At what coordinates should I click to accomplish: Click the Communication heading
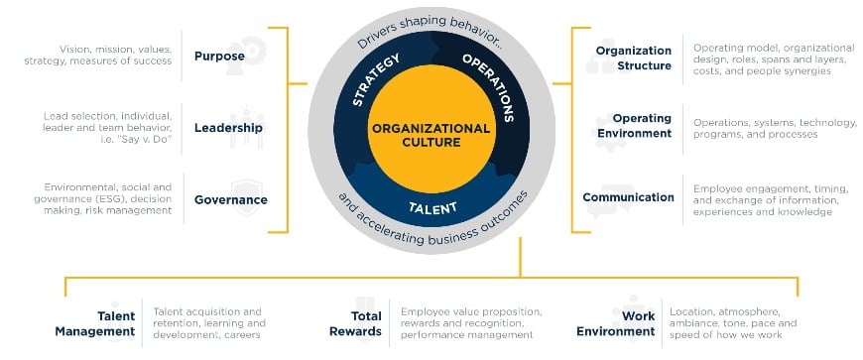(628, 197)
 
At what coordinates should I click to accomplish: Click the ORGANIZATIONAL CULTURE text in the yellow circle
(430, 135)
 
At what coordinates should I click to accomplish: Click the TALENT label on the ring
(432, 209)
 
